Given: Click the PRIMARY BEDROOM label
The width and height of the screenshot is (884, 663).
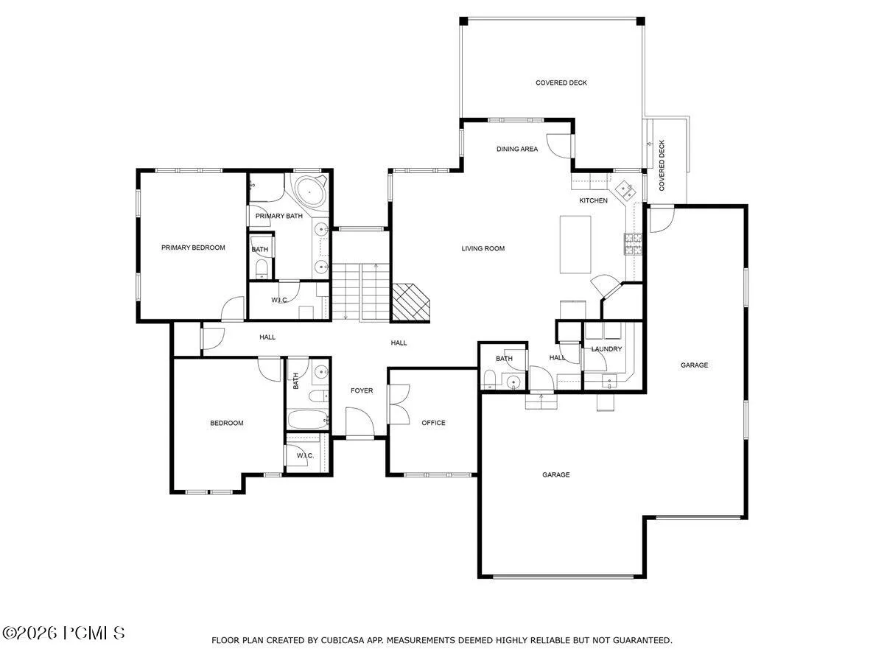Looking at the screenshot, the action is [x=193, y=248].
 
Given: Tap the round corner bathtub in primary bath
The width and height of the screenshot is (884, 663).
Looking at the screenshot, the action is [x=309, y=192].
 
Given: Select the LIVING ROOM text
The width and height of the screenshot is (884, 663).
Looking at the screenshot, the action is [x=483, y=248].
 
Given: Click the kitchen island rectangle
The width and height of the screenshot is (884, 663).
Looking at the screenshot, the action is [x=575, y=245].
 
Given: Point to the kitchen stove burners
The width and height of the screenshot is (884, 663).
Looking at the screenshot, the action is [x=633, y=244].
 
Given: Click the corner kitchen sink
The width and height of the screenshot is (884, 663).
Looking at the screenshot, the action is [x=625, y=190].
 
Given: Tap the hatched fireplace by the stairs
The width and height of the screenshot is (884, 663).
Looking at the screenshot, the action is [x=410, y=302].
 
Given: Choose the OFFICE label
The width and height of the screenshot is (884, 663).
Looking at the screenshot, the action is [x=433, y=423].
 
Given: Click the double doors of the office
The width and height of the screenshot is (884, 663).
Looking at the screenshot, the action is [x=399, y=404].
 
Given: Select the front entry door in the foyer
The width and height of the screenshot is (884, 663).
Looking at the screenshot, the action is [x=360, y=421].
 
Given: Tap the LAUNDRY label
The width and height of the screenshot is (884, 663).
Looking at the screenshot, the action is [x=606, y=349].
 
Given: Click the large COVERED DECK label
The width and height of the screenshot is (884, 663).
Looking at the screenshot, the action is [x=561, y=83].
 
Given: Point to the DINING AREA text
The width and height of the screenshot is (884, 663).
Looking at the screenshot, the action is [x=516, y=149].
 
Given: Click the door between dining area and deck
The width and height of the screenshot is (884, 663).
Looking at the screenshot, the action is [x=559, y=146].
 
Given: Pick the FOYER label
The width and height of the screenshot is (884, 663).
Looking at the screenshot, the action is [x=362, y=390].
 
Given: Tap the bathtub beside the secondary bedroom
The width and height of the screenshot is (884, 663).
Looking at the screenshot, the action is [x=309, y=420].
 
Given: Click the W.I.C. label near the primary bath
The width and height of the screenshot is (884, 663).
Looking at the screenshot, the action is [x=279, y=300].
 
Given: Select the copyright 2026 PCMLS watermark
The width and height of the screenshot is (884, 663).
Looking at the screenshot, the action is [x=63, y=634].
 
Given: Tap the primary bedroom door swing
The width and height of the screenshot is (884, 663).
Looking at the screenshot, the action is [x=232, y=309].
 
